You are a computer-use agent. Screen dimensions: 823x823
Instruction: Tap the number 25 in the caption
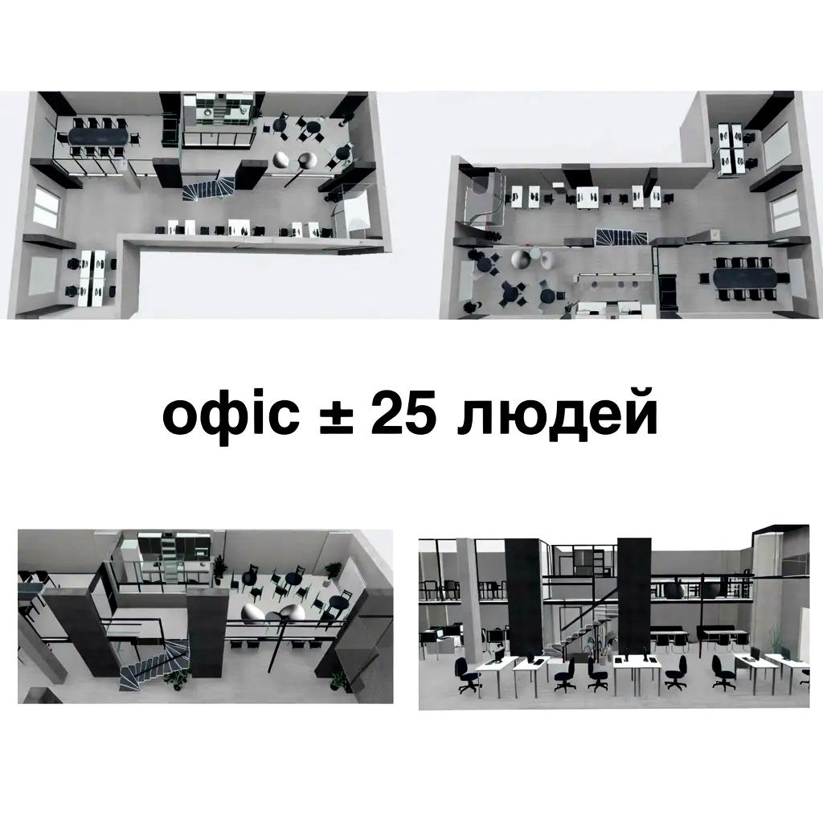tap(404, 416)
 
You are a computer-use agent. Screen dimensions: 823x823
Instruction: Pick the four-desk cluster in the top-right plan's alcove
tap(732, 146)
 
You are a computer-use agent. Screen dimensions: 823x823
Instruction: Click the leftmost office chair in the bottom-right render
tap(465, 674)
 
